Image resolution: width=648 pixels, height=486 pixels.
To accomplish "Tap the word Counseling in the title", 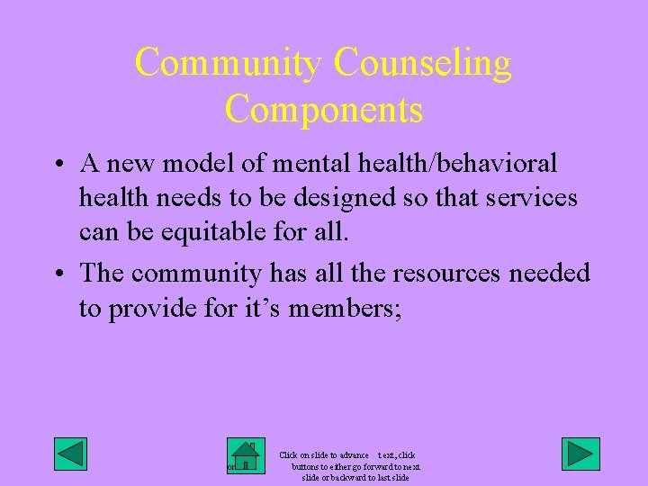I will [422, 63].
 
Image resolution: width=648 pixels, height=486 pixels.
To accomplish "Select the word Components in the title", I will [324, 109].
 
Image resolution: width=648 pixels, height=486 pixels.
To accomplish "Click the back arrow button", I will [70, 454].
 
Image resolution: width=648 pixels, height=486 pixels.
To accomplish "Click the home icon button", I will [244, 455].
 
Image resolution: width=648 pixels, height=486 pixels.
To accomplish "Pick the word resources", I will [445, 273].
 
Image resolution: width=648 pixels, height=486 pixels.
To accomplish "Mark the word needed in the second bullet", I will [550, 273].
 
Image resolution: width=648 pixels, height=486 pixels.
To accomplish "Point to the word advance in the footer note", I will [351, 456].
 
